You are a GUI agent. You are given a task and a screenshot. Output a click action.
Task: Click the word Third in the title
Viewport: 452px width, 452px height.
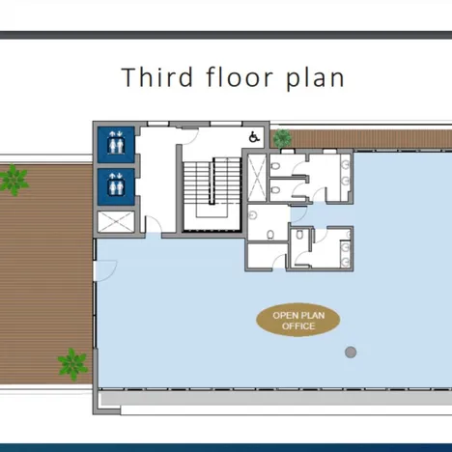click(x=157, y=77)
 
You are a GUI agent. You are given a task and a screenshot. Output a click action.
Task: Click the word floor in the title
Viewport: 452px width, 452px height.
click(x=240, y=76)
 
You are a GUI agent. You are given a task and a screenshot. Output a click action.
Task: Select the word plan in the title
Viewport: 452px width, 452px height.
click(x=316, y=79)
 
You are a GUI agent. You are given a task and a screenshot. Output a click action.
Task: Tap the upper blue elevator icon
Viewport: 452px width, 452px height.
click(x=116, y=145)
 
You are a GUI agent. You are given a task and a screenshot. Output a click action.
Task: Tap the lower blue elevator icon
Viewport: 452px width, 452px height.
click(x=116, y=186)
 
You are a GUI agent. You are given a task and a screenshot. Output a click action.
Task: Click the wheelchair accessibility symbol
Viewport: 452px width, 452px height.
click(x=254, y=137)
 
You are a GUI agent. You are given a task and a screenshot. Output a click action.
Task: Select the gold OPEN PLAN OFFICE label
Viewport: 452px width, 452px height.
click(x=298, y=320)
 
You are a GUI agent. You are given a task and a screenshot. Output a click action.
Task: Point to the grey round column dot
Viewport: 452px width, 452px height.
click(x=351, y=353)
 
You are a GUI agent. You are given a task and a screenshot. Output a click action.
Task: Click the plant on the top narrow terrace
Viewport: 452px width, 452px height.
click(x=282, y=138)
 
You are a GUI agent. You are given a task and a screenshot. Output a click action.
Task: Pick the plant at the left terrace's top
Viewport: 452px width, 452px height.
click(x=14, y=181)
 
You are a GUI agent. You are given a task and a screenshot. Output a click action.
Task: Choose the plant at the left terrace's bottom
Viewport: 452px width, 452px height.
click(x=72, y=364)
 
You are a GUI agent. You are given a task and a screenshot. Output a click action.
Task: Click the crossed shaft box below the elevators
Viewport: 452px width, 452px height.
click(x=116, y=221)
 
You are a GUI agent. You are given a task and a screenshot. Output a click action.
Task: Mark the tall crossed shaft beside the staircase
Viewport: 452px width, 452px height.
click(x=257, y=178)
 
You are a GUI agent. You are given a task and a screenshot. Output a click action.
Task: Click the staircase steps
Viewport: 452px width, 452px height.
click(x=212, y=183)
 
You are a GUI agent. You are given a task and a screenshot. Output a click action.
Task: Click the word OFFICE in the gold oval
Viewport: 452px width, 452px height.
click(x=298, y=326)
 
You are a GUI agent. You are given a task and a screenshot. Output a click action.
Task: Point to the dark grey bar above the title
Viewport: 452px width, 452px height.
click(x=226, y=35)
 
